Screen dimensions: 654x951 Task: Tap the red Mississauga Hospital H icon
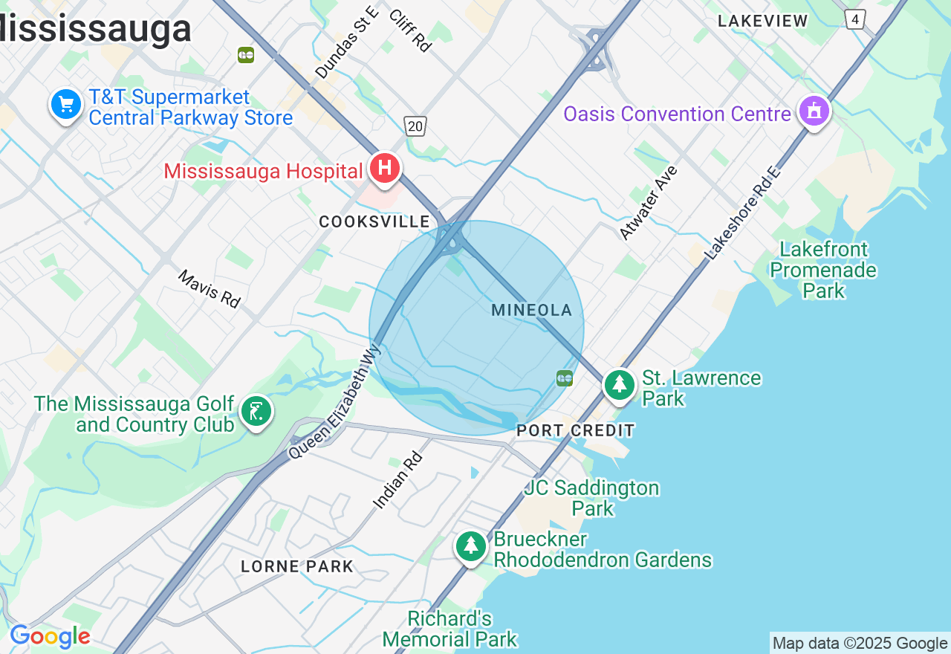coord(385,167)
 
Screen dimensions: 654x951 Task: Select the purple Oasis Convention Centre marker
coord(814,111)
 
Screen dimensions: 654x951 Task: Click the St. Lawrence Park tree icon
coord(619,384)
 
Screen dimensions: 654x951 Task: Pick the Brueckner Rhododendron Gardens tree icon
coord(470,546)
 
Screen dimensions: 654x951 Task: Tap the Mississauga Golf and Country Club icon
coord(256,411)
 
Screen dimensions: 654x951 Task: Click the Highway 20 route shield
coord(415,126)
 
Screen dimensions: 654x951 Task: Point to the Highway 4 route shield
coord(855,19)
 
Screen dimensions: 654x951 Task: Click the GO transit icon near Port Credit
coord(565,378)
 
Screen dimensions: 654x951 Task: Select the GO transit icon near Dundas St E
coord(246,55)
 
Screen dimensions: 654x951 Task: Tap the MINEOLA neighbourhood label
coord(532,311)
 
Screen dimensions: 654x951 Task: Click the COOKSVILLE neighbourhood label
coord(374,221)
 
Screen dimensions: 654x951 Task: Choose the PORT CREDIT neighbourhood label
coord(576,430)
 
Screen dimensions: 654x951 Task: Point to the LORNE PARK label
coord(297,566)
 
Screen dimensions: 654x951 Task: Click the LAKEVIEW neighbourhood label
coord(763,21)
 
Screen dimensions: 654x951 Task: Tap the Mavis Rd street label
coord(210,289)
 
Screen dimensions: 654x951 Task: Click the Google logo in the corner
coord(50,637)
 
